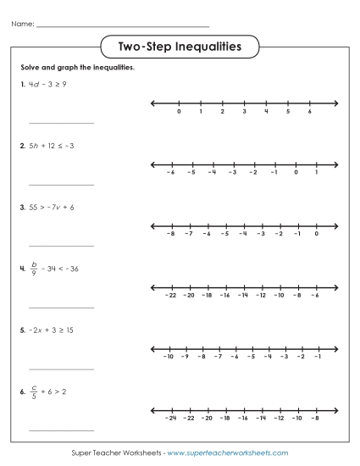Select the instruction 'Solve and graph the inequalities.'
[x=77, y=67]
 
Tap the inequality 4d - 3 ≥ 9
[x=48, y=85]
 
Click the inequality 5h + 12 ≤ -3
[x=52, y=146]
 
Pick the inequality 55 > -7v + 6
[x=52, y=207]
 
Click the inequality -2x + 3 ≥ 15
[x=52, y=329]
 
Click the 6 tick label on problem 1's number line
[x=310, y=112]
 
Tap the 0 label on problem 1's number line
[x=179, y=112]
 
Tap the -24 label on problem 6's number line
[x=170, y=418]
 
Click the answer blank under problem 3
[x=62, y=246]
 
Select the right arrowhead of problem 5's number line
[x=335, y=348]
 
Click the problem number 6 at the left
[x=21, y=391]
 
